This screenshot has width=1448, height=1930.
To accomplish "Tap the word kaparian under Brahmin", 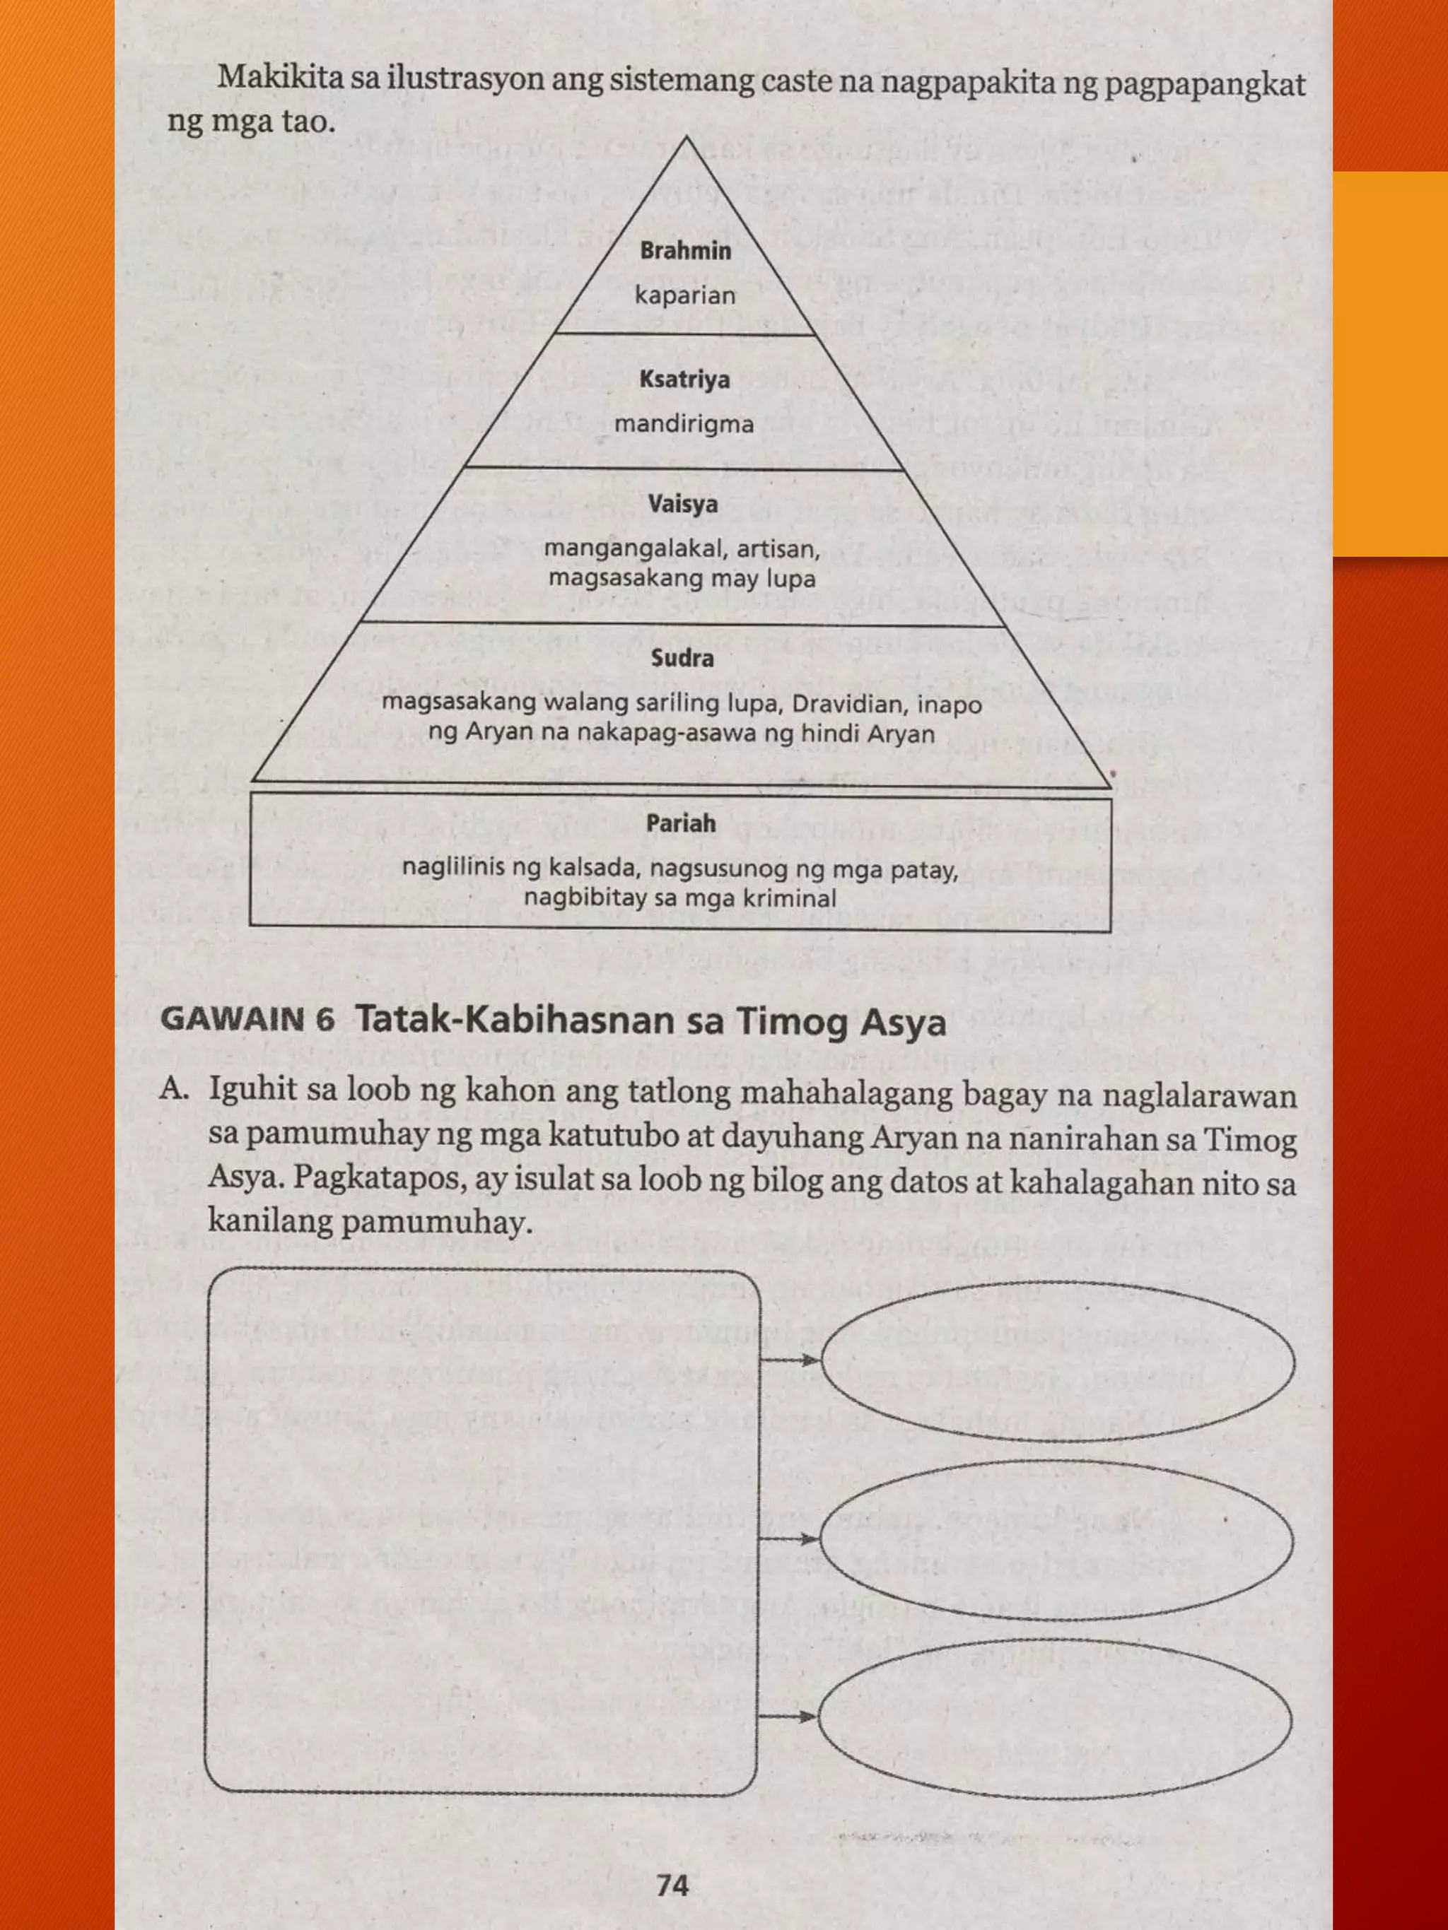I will (x=685, y=296).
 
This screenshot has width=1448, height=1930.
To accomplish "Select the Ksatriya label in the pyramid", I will (x=684, y=379).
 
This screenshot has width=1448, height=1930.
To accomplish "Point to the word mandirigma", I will (x=684, y=425).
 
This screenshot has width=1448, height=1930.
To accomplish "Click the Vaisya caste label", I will (x=684, y=505).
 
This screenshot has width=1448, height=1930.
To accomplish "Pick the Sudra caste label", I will (x=682, y=658).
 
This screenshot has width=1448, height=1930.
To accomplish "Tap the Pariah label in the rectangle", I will (x=681, y=823).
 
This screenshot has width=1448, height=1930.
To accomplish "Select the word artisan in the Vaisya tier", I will (x=779, y=550).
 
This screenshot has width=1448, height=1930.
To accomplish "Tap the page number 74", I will (x=673, y=1885).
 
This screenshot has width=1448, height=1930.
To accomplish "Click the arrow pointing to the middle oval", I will (x=790, y=1540).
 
